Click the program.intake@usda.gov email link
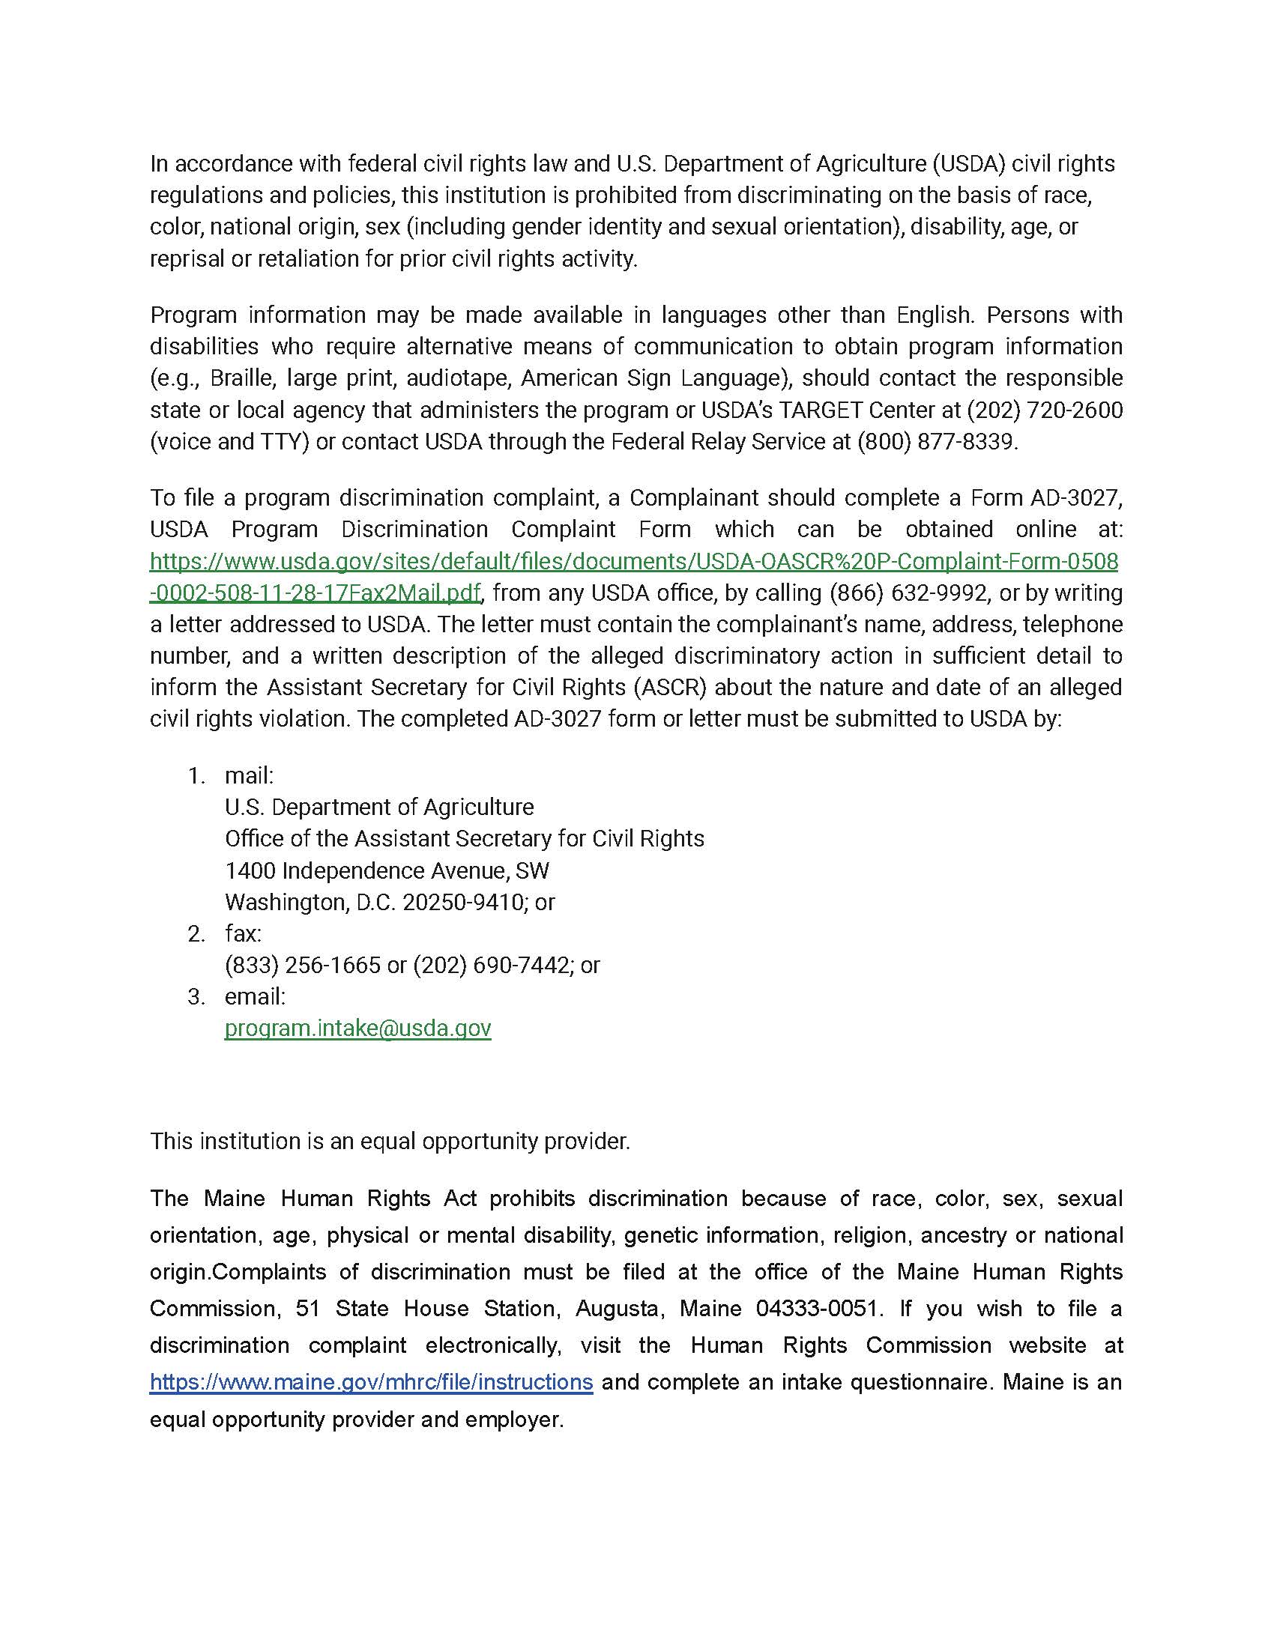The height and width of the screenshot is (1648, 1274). tap(357, 1029)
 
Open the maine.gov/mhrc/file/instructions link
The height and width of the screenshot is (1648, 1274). tap(371, 1382)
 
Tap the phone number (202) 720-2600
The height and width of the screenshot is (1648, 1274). tap(1045, 411)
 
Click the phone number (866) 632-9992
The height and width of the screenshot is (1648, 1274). tap(908, 593)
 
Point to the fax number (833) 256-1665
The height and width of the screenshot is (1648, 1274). tap(303, 965)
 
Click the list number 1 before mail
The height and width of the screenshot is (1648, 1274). tap(196, 776)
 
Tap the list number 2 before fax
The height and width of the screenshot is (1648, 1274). tap(196, 934)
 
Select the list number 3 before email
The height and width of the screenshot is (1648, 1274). tap(196, 997)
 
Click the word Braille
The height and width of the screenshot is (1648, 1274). tap(241, 378)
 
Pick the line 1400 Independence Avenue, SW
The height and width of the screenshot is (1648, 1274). tap(387, 870)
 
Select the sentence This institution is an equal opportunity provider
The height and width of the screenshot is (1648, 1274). tap(390, 1141)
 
